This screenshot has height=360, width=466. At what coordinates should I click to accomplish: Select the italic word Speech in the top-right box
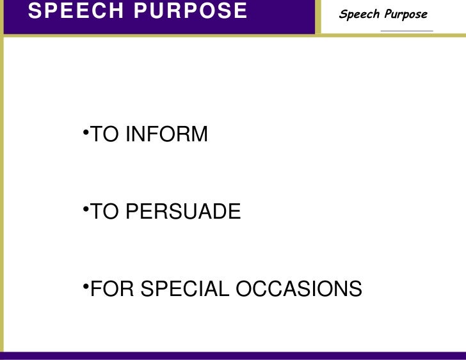click(x=361, y=14)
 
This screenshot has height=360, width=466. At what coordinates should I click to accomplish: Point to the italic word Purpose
click(x=406, y=15)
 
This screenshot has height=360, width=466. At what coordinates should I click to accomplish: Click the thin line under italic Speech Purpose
click(x=406, y=31)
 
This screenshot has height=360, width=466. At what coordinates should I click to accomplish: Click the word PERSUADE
click(x=183, y=212)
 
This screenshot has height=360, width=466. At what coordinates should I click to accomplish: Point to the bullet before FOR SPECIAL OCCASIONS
click(x=86, y=286)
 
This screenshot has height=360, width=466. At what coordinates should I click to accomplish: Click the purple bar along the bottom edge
click(x=233, y=356)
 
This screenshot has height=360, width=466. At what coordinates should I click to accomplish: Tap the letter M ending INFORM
click(x=199, y=135)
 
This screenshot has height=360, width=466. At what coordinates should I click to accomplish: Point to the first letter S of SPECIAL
click(x=147, y=289)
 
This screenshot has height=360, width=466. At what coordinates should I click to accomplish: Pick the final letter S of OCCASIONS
click(x=355, y=289)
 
